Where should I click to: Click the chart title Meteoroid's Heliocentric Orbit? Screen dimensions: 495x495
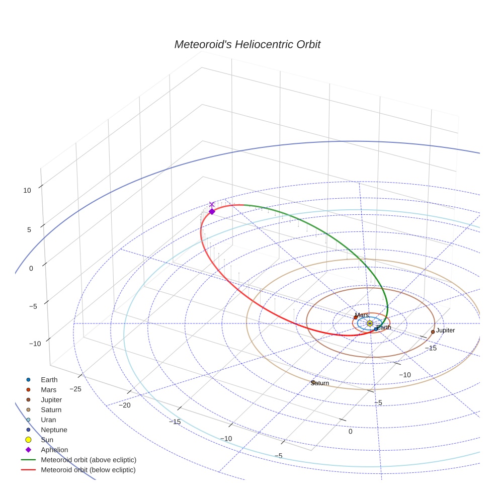tap(247, 44)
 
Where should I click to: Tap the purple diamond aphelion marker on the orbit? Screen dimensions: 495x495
tap(212, 211)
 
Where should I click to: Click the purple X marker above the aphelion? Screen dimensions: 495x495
tap(212, 204)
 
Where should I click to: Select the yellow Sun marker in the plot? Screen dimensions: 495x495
tap(370, 323)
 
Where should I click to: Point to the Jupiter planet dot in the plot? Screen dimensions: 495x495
tap(433, 332)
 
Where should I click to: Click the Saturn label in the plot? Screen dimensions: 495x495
tap(320, 383)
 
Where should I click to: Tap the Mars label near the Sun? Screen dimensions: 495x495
tap(362, 315)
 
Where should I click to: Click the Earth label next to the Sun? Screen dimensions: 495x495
tap(384, 327)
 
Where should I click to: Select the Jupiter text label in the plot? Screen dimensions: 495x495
tap(446, 331)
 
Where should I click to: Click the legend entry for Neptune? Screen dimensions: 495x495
tap(54, 430)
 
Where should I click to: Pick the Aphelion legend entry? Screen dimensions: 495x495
tap(54, 450)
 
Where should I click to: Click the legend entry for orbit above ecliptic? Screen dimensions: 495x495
tap(89, 460)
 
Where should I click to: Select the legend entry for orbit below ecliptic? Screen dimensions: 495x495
tap(88, 470)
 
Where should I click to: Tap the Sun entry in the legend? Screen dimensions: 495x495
tap(47, 440)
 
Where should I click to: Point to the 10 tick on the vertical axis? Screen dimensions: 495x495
tap(27, 190)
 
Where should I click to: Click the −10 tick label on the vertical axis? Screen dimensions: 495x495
tap(35, 344)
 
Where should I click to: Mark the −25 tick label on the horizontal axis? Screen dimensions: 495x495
tap(75, 389)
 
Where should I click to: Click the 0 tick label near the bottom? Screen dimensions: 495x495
tap(351, 432)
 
